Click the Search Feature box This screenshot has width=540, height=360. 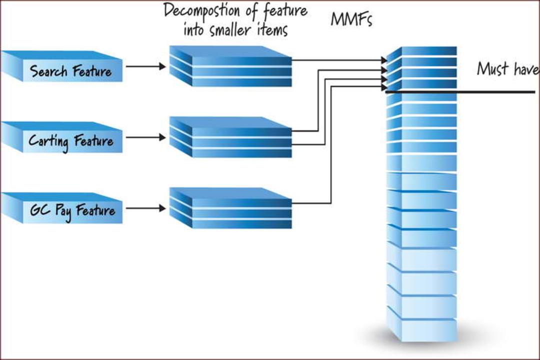coord(61,66)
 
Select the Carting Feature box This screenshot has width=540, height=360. coord(61,137)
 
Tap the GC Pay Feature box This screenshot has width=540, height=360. coord(61,208)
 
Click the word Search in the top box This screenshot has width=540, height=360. coord(48,71)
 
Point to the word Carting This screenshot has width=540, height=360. coord(48,141)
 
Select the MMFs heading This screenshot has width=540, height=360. coord(351,19)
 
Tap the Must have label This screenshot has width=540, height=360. coord(508,68)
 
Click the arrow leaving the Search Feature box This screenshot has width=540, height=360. coord(145,66)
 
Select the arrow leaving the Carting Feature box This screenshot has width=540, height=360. coord(145,137)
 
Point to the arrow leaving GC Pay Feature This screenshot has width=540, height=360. coord(145,208)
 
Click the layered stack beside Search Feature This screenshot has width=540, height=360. coord(230,66)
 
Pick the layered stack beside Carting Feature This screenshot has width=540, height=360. coord(230,137)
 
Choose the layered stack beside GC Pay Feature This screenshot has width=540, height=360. coord(230,208)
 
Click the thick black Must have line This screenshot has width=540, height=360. coord(460,92)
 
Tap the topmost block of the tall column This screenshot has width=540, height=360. coord(421,51)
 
